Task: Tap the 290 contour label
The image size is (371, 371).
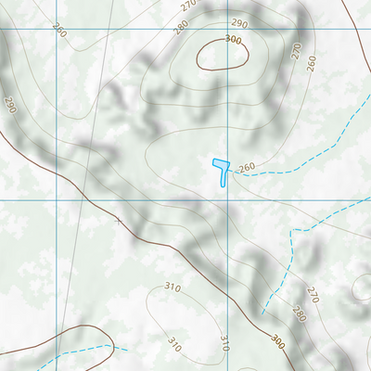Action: (x=239, y=23)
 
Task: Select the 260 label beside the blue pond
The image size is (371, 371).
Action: (x=247, y=168)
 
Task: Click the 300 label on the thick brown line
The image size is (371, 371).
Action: (x=278, y=342)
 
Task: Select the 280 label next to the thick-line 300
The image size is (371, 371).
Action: (x=299, y=314)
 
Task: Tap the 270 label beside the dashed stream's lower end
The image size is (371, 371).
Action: (x=312, y=297)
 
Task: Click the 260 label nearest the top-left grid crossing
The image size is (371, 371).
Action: (x=60, y=32)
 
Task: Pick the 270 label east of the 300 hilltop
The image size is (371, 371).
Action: (x=297, y=52)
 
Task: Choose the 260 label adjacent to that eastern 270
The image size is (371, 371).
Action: (x=311, y=63)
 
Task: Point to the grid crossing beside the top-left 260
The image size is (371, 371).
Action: (x=56, y=27)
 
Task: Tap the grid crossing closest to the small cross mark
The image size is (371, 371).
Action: (x=56, y=198)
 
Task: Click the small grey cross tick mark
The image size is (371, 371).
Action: (x=117, y=221)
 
